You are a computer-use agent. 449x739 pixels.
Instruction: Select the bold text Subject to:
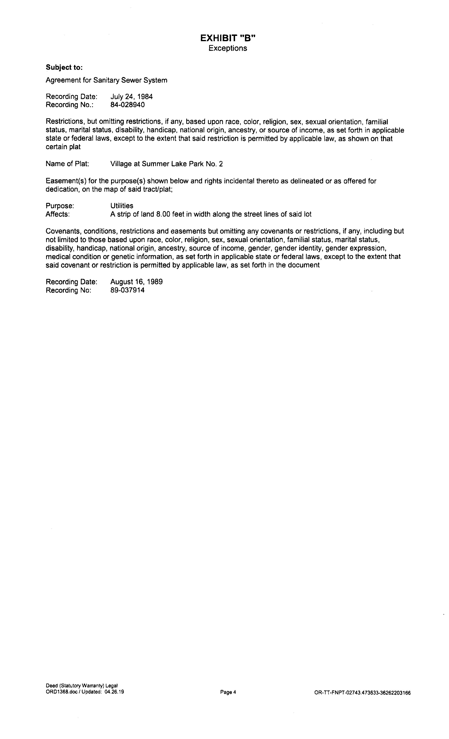click(x=64, y=68)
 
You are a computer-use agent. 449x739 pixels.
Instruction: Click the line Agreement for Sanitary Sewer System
click(x=106, y=80)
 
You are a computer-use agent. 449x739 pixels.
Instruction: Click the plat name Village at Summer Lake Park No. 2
click(x=166, y=164)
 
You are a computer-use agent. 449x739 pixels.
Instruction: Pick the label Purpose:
click(x=60, y=206)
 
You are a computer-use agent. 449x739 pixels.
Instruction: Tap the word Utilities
click(x=121, y=206)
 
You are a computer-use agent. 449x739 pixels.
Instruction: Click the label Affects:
click(x=58, y=214)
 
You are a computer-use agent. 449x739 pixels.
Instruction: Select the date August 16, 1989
click(x=136, y=282)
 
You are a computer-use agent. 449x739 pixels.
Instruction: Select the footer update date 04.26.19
click(x=114, y=692)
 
